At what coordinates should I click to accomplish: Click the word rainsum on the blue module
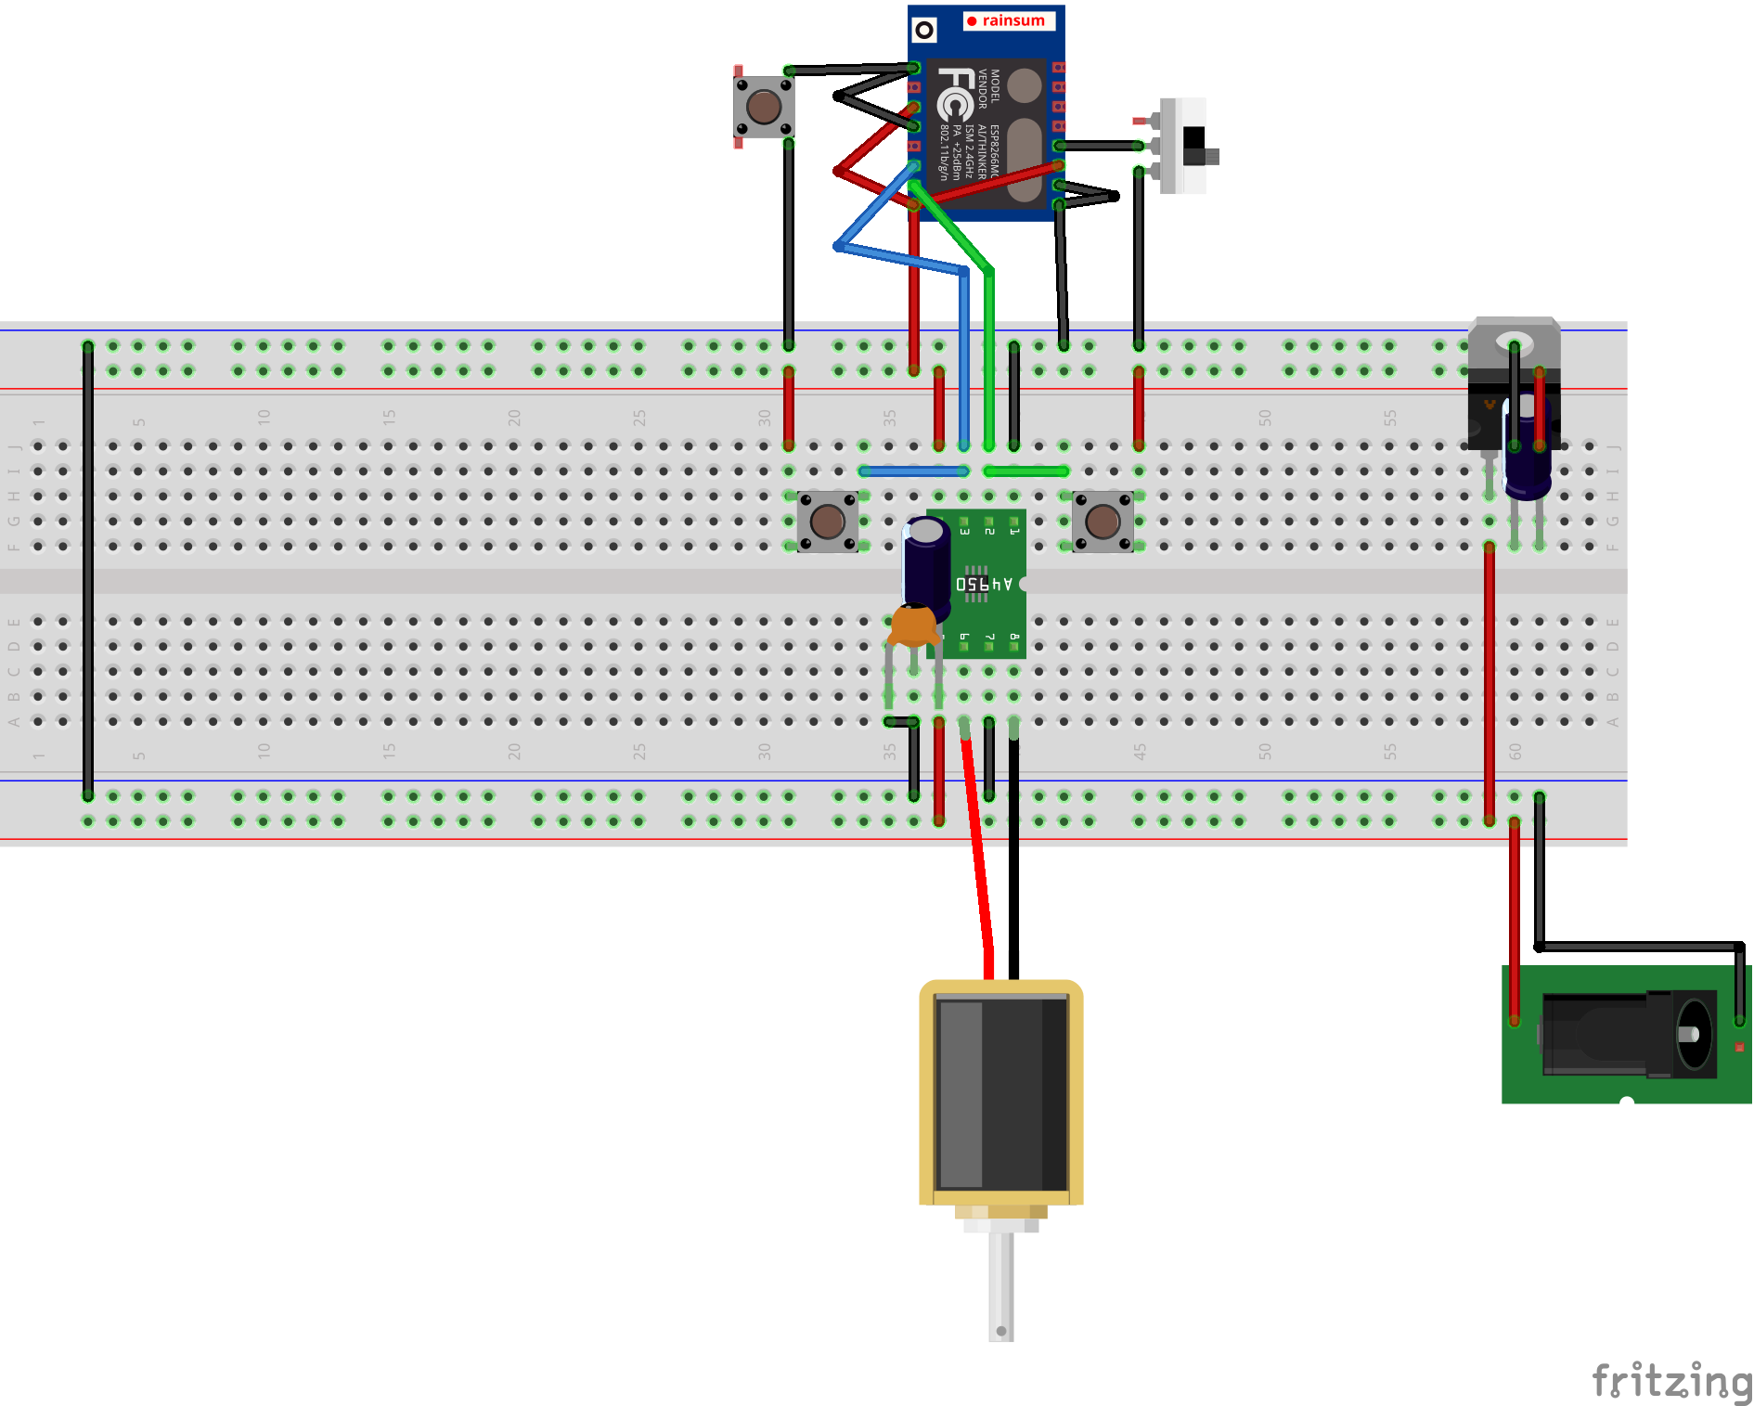tap(1012, 20)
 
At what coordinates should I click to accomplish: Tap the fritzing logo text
tap(1670, 1380)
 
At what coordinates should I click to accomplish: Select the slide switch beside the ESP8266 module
tap(1187, 146)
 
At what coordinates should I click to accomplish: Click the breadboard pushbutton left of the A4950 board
tap(827, 522)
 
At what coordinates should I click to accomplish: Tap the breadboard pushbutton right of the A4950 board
tap(1103, 522)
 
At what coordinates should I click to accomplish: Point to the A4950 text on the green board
tap(984, 584)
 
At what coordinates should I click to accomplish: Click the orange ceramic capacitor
tap(913, 626)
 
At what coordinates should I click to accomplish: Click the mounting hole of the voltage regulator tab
tap(1515, 342)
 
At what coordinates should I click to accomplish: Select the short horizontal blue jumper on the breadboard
tap(913, 471)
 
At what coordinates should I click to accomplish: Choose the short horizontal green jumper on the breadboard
tap(1025, 471)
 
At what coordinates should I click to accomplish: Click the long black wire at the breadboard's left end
tap(88, 571)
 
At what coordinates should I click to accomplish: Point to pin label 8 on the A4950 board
tap(1013, 639)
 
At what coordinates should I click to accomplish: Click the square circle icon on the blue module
tap(924, 31)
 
